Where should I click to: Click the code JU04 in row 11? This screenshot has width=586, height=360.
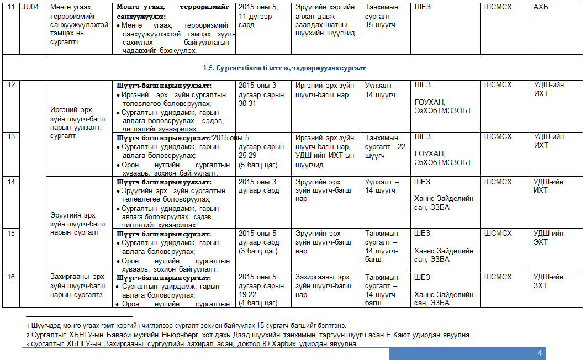tap(25, 7)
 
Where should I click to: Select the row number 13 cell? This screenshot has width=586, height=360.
tap(10, 137)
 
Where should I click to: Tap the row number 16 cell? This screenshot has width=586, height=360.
tap(10, 277)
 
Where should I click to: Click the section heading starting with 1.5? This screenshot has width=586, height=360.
tap(284, 68)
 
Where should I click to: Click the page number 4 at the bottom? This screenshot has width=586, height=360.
tap(540, 353)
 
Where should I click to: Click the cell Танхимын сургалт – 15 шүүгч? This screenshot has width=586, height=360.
tap(385, 16)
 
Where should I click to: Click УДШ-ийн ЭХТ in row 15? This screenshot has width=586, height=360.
tap(548, 237)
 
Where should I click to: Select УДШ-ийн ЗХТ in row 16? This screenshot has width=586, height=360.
tap(548, 282)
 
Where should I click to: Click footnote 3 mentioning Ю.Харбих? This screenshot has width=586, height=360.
tap(193, 344)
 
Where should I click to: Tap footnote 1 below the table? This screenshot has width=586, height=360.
tap(188, 326)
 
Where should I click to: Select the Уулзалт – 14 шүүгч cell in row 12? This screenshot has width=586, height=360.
tap(382, 90)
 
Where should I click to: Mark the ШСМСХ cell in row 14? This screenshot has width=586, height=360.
tap(498, 182)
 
